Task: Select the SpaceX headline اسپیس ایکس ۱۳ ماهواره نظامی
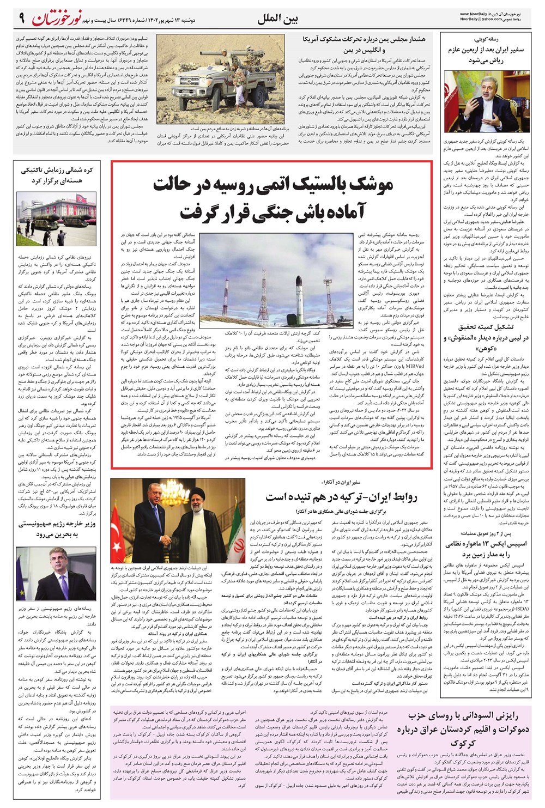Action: click(486, 549)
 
